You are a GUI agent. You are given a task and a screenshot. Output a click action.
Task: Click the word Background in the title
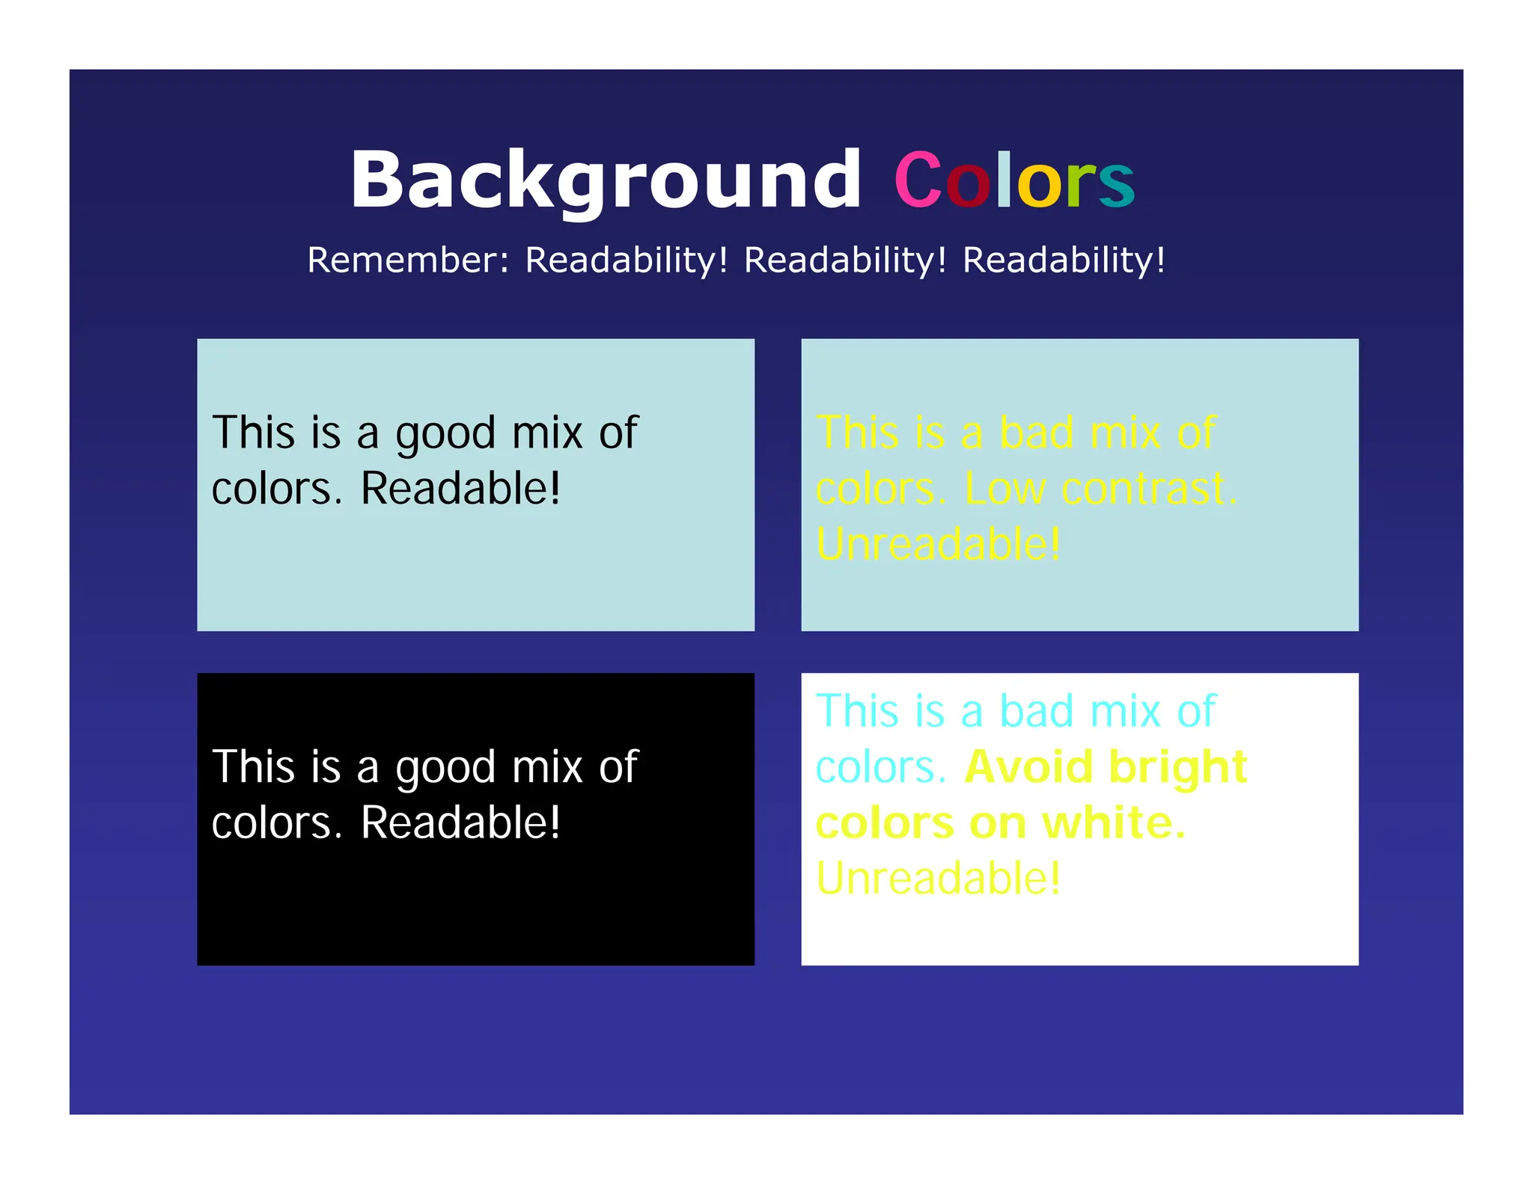coord(606,180)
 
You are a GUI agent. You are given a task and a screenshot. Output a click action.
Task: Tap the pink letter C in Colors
coord(918,180)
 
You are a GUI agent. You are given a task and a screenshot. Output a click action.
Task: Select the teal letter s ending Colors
coord(1117,185)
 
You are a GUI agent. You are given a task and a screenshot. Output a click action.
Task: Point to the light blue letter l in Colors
coord(1004,180)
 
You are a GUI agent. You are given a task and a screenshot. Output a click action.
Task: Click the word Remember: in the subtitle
coord(408,260)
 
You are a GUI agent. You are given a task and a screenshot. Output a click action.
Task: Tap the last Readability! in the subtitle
coord(1064,260)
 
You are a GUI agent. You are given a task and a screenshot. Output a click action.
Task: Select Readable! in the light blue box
coord(460,489)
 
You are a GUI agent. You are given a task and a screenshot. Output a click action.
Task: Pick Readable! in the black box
coord(460,823)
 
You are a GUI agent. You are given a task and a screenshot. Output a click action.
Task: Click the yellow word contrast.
coord(1149,489)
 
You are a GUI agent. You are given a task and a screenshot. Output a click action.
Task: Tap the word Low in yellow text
coord(1005,489)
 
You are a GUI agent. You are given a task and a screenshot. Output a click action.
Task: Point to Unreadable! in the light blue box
coord(938,544)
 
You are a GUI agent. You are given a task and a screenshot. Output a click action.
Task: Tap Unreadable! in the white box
coord(938,879)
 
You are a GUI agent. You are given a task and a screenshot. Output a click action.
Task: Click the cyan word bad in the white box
coord(1036,711)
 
